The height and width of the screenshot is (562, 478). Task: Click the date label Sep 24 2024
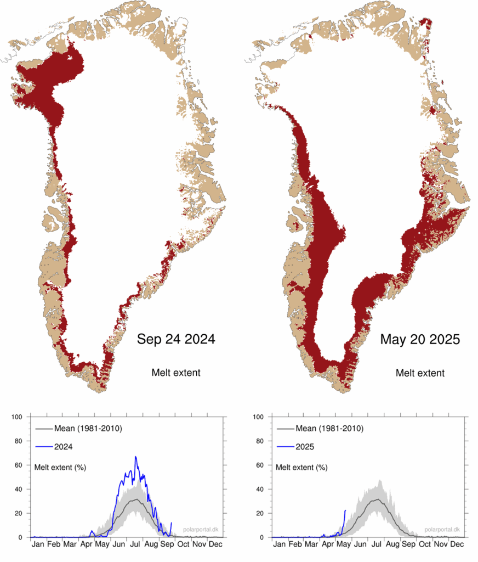click(175, 340)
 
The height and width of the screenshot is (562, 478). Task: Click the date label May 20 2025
click(420, 340)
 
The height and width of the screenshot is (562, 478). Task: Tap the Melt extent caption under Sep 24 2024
click(175, 373)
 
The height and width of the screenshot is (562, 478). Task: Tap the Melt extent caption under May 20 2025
click(420, 373)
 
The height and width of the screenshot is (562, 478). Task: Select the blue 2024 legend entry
click(63, 447)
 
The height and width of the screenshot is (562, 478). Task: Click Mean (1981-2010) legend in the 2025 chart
click(324, 429)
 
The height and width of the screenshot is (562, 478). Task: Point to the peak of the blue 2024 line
click(135, 457)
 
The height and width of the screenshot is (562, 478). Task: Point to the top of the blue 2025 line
click(345, 510)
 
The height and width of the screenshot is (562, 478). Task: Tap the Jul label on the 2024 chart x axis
click(135, 544)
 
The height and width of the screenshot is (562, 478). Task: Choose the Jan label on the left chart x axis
click(38, 544)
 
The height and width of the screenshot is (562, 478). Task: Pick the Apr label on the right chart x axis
click(328, 544)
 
